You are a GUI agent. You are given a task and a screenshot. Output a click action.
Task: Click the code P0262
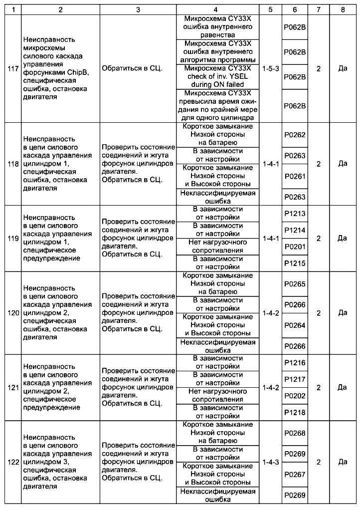pos(295,135)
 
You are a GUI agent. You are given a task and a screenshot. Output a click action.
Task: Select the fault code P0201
pos(295,247)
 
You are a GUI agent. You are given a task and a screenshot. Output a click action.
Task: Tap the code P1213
pos(295,214)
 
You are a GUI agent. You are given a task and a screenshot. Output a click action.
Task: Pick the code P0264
pos(295,325)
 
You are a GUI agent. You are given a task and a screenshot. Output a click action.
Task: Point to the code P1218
pos(295,412)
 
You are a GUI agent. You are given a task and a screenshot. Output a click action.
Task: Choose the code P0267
pos(295,474)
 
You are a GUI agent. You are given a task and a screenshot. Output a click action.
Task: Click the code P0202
pos(295,396)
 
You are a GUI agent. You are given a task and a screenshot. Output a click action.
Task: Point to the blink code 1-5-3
pos(271,68)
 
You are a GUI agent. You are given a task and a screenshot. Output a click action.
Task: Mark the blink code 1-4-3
pos(271,462)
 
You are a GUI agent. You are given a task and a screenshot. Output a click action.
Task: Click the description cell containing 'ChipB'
pos(60,68)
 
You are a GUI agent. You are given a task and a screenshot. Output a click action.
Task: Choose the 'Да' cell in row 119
pos(343,239)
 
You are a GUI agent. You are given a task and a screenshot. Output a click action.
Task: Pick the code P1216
pos(295,363)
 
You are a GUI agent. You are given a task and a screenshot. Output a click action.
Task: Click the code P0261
pos(295,176)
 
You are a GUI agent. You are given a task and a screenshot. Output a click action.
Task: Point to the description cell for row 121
pos(60,387)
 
